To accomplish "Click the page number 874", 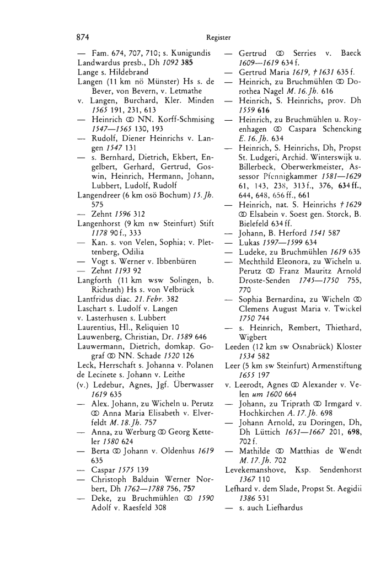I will (83, 37).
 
